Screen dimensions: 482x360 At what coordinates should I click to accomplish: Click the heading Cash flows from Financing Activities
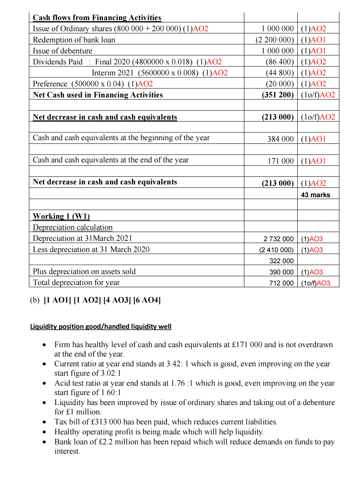97,18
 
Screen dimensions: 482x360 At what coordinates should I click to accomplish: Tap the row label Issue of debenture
63,51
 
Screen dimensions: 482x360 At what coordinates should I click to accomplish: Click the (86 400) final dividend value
279,62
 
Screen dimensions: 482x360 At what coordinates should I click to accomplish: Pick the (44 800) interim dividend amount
279,73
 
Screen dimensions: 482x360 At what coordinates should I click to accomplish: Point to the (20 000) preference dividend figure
279,84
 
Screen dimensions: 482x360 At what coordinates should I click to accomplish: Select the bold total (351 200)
277,95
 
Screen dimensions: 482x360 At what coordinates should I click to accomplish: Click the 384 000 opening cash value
280,139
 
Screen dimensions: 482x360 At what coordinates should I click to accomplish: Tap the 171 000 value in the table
280,161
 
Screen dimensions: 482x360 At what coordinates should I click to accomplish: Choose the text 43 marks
316,195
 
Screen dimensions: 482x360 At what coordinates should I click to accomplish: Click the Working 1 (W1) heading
61,216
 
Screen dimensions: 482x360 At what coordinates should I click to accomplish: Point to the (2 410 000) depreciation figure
276,250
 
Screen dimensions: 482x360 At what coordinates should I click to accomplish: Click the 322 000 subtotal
281,261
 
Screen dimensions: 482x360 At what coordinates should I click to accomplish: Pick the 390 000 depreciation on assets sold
281,272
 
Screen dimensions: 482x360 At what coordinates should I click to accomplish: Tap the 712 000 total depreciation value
281,283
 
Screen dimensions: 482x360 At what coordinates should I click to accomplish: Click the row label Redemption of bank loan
74,40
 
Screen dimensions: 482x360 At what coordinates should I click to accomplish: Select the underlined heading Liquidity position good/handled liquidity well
101,326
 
